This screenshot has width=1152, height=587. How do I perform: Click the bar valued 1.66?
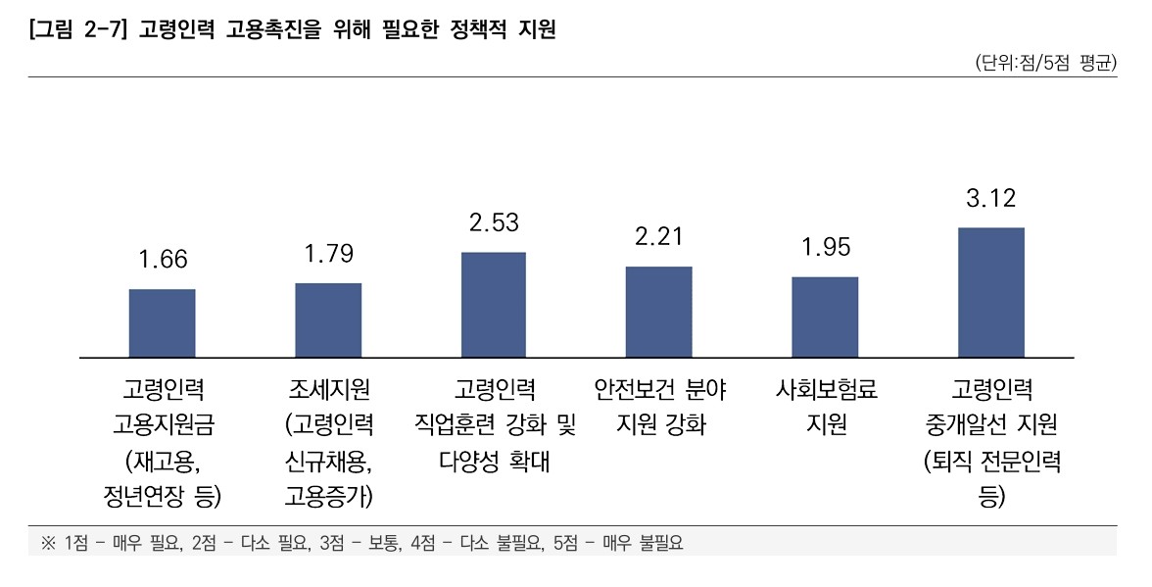163,323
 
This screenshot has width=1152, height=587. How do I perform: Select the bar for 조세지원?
328,320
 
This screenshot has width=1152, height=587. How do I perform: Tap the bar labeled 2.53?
494,305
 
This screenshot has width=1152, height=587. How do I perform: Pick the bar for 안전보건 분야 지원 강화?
658,312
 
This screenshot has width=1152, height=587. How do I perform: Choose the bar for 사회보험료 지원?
825,318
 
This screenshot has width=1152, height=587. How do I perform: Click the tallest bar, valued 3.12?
990,292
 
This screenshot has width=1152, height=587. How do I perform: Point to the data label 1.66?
163,260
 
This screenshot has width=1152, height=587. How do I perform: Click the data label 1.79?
328,254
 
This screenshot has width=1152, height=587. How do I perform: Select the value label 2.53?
494,222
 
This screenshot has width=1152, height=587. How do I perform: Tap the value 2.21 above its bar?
658,236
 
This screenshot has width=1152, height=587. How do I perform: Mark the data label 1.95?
825,247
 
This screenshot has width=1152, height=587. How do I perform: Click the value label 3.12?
990,198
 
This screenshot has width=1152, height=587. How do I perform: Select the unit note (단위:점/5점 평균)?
1045,64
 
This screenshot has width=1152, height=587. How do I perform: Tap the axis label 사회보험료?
825,390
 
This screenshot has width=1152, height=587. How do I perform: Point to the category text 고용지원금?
163,425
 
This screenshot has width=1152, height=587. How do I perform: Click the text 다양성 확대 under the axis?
494,461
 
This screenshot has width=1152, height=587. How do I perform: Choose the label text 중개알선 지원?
990,425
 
